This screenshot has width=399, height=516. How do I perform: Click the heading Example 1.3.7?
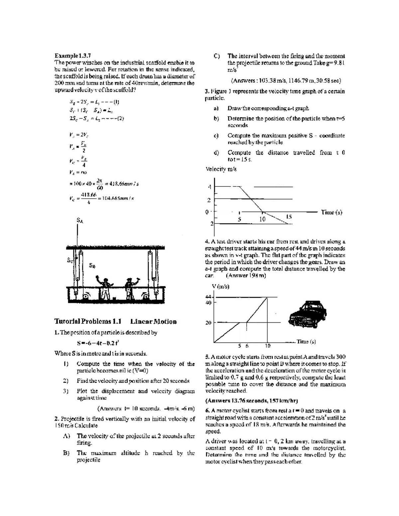(x=73, y=55)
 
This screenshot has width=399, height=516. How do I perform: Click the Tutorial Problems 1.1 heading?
(x=88, y=321)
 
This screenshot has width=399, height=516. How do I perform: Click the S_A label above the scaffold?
(x=80, y=220)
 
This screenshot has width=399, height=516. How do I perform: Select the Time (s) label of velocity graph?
(x=331, y=212)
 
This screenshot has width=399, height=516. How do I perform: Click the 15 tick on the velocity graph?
(x=289, y=217)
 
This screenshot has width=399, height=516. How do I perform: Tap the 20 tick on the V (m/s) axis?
(x=208, y=322)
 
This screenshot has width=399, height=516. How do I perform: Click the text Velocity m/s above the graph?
(x=221, y=169)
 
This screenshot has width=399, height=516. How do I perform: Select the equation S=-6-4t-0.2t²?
(x=98, y=343)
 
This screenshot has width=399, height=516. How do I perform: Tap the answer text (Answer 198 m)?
(x=246, y=275)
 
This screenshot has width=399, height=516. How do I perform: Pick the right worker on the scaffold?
(x=129, y=286)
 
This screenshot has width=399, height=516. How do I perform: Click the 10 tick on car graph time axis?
(x=268, y=346)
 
